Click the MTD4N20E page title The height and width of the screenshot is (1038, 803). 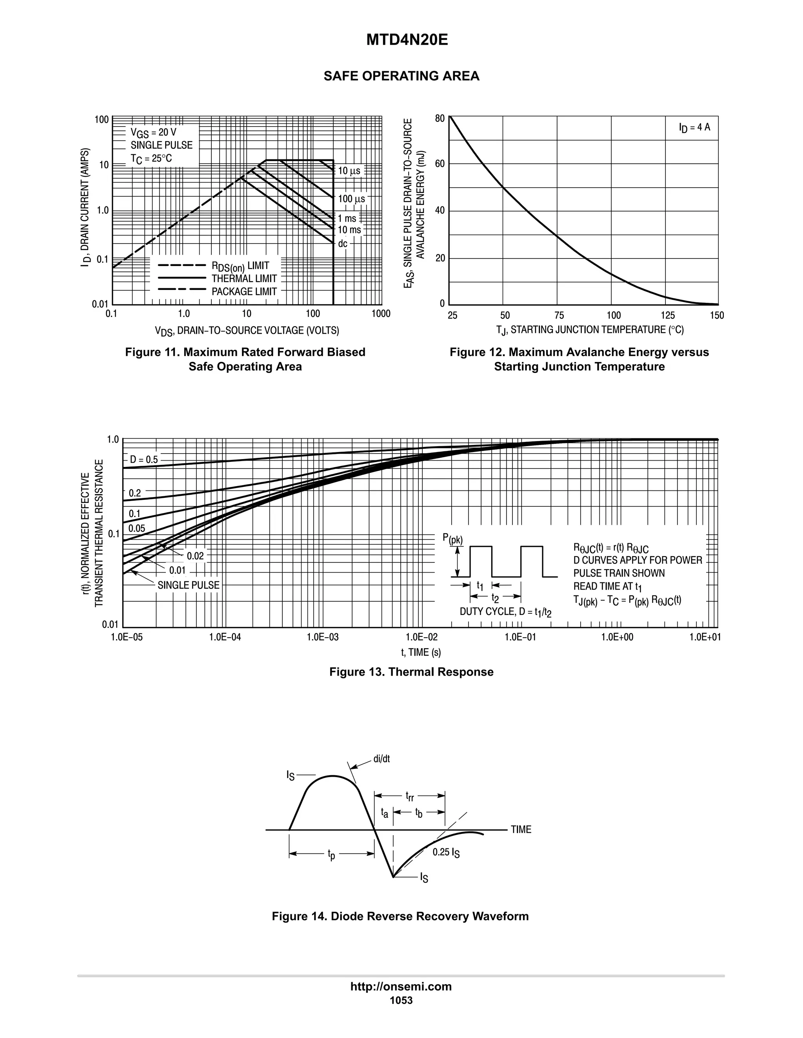click(x=407, y=40)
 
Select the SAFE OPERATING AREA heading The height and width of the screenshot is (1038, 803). click(x=401, y=76)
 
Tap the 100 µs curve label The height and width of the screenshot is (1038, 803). click(x=351, y=199)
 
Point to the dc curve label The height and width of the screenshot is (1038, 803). click(x=343, y=244)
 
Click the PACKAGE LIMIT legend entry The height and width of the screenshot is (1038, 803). click(x=243, y=291)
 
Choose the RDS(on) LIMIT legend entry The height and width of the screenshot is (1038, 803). click(x=240, y=266)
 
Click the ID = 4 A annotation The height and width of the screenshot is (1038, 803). click(x=694, y=127)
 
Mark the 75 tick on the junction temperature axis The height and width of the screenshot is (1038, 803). click(x=559, y=316)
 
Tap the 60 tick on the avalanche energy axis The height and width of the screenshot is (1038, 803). click(x=440, y=165)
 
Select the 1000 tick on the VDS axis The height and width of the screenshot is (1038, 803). click(x=381, y=314)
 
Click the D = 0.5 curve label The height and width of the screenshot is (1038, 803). click(x=144, y=459)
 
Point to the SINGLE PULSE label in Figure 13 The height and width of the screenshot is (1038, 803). click(x=188, y=585)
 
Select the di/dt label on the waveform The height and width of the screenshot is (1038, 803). click(x=381, y=759)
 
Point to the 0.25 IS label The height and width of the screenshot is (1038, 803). click(x=446, y=853)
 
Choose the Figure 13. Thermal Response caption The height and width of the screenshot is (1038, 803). click(x=411, y=672)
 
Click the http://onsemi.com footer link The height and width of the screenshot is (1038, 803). click(x=401, y=986)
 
